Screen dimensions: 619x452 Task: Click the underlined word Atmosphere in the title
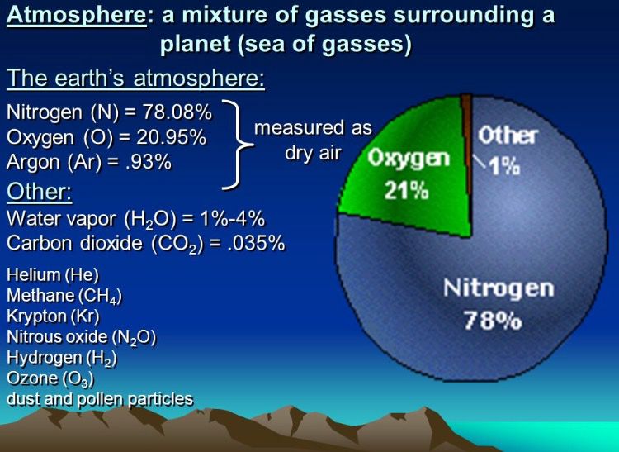tap(77, 16)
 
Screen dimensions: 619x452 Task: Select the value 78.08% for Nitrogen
tap(177, 112)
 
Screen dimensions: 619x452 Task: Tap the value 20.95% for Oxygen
tap(172, 137)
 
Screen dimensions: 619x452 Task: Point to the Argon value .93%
tap(148, 162)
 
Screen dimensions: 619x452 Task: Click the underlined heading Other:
tap(40, 192)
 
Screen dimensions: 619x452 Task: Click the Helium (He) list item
tap(53, 274)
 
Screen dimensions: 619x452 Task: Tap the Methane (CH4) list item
tap(64, 296)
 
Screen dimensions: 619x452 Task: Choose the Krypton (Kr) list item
tap(54, 316)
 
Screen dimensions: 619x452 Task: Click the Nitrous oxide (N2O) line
tap(82, 337)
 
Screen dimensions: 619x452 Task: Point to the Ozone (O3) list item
tap(50, 378)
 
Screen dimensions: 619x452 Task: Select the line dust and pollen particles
tap(100, 399)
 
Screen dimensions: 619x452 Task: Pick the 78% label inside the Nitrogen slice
tap(493, 320)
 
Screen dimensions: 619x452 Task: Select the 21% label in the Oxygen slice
tap(406, 191)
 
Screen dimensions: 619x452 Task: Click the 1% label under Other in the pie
tap(505, 166)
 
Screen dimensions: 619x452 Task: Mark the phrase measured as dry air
tap(314, 140)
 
